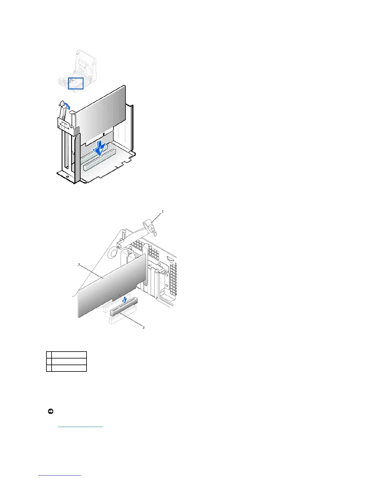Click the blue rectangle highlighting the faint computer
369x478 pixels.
click(76, 83)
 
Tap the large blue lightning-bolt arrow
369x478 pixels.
click(99, 148)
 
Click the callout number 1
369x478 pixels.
click(163, 212)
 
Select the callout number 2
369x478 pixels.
click(143, 327)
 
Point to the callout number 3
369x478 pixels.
click(79, 265)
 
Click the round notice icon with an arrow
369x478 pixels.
click(51, 411)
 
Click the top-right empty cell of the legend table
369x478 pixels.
click(69, 355)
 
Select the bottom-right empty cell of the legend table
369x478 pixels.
click(69, 368)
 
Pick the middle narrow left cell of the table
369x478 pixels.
click(49, 361)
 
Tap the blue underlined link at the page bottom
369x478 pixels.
click(60, 475)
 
